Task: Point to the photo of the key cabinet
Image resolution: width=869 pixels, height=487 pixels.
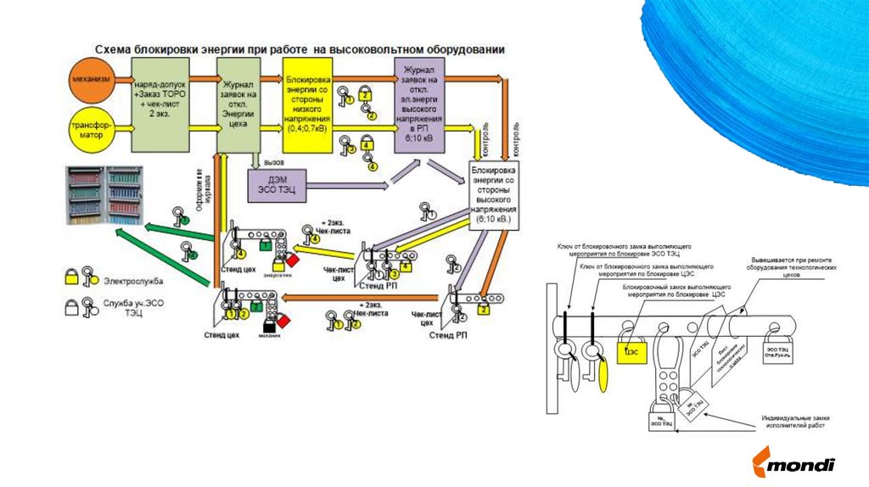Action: pyautogui.click(x=104, y=196)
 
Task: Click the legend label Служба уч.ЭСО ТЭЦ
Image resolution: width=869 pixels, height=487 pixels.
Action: pyautogui.click(x=134, y=308)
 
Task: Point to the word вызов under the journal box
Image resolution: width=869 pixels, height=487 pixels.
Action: pyautogui.click(x=273, y=161)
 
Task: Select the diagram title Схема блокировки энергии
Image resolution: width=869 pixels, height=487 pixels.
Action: pyautogui.click(x=299, y=50)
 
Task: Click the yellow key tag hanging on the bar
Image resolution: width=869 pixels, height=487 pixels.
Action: pyautogui.click(x=603, y=373)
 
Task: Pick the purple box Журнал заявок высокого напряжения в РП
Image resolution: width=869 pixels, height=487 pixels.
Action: pyautogui.click(x=420, y=105)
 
